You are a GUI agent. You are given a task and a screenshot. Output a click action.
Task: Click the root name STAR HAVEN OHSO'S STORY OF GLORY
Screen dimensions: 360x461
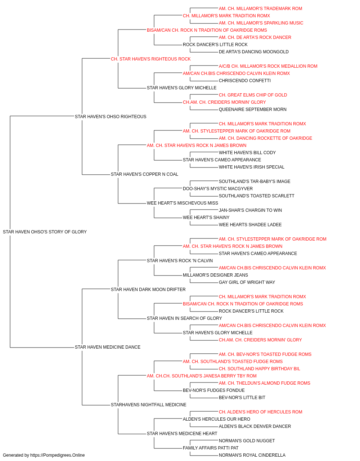(x=45, y=232)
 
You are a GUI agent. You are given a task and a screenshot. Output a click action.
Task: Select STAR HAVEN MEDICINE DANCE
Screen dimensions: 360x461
(x=108, y=347)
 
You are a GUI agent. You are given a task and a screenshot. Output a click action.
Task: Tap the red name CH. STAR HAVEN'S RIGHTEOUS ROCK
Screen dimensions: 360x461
(x=151, y=59)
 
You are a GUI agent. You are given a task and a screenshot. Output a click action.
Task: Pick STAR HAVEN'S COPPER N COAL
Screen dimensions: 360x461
(x=144, y=174)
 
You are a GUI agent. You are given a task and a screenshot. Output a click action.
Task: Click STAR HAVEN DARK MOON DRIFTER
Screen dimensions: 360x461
(x=148, y=289)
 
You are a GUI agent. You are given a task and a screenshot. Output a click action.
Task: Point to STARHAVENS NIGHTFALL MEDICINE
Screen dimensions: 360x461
(x=149, y=404)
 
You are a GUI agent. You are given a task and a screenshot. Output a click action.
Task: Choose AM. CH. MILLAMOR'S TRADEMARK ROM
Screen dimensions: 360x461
(x=260, y=9)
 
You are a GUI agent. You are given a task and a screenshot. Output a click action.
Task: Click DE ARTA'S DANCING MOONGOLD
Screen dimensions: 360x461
(x=253, y=52)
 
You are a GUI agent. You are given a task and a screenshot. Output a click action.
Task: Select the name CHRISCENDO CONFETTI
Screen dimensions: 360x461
(x=245, y=81)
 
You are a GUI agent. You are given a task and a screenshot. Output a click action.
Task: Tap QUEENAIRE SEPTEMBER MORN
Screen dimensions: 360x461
(x=252, y=109)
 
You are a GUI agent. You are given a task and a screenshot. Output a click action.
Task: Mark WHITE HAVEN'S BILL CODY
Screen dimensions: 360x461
(x=247, y=153)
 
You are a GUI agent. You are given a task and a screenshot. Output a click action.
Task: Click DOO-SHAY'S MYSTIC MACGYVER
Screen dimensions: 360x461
(x=218, y=189)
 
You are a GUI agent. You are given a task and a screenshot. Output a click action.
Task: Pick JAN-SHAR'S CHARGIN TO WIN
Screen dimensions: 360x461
(x=250, y=210)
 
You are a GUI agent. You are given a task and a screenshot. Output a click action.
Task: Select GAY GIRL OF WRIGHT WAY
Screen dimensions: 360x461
(x=247, y=282)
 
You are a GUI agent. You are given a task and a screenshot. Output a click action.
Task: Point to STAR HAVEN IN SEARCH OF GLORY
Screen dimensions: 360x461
(x=184, y=318)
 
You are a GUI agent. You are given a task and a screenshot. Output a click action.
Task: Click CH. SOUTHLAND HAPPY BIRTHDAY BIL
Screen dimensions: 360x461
(x=259, y=369)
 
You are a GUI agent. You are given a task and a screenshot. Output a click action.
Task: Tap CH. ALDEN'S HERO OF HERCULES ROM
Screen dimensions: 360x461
(x=260, y=412)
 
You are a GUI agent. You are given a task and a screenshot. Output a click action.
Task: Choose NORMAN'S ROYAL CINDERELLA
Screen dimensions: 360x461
(x=252, y=455)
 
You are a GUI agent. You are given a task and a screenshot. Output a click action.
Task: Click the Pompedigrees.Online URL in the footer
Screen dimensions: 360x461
(x=57, y=455)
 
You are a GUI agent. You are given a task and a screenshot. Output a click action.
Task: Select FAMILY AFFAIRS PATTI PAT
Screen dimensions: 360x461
(x=211, y=448)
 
